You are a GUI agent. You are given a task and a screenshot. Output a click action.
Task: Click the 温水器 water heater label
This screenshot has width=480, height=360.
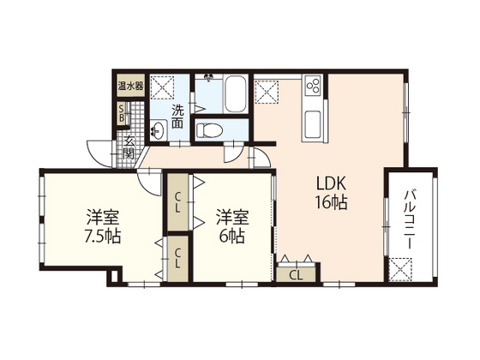click(130, 86)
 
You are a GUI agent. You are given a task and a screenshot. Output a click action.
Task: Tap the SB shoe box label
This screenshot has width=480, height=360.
click(121, 112)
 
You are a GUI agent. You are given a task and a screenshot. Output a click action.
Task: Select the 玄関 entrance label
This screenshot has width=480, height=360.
click(129, 147)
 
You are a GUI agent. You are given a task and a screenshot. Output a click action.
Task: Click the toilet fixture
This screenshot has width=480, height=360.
click(209, 129)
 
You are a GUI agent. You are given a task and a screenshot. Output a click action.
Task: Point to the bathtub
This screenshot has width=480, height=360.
click(235, 93)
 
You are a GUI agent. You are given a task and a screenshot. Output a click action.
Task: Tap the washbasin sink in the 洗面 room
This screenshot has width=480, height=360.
click(158, 129)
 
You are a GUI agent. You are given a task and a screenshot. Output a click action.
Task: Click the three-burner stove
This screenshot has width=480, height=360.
click(313, 84)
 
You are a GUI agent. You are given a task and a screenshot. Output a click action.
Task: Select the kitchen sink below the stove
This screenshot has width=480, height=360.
click(313, 124)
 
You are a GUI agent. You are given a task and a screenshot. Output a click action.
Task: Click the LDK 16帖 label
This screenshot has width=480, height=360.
click(332, 194)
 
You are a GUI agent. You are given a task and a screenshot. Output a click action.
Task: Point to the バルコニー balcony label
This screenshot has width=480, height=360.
click(410, 219)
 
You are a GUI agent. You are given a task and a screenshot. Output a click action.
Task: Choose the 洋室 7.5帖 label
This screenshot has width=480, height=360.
click(103, 226)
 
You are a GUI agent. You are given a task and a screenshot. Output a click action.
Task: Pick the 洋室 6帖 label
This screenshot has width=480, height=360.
click(232, 226)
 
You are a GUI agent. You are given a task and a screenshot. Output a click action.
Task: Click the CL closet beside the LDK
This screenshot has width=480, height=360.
click(296, 275)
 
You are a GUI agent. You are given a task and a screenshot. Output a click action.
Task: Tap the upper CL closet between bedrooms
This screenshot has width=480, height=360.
click(177, 202)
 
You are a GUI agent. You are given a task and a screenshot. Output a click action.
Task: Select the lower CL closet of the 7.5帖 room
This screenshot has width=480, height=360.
click(178, 258)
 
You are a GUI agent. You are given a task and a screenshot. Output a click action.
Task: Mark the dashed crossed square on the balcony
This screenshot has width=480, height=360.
click(399, 269)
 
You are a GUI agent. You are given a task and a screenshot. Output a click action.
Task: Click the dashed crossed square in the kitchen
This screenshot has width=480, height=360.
click(267, 92)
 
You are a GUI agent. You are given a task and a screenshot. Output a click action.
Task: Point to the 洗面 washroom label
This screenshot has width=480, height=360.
click(177, 117)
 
